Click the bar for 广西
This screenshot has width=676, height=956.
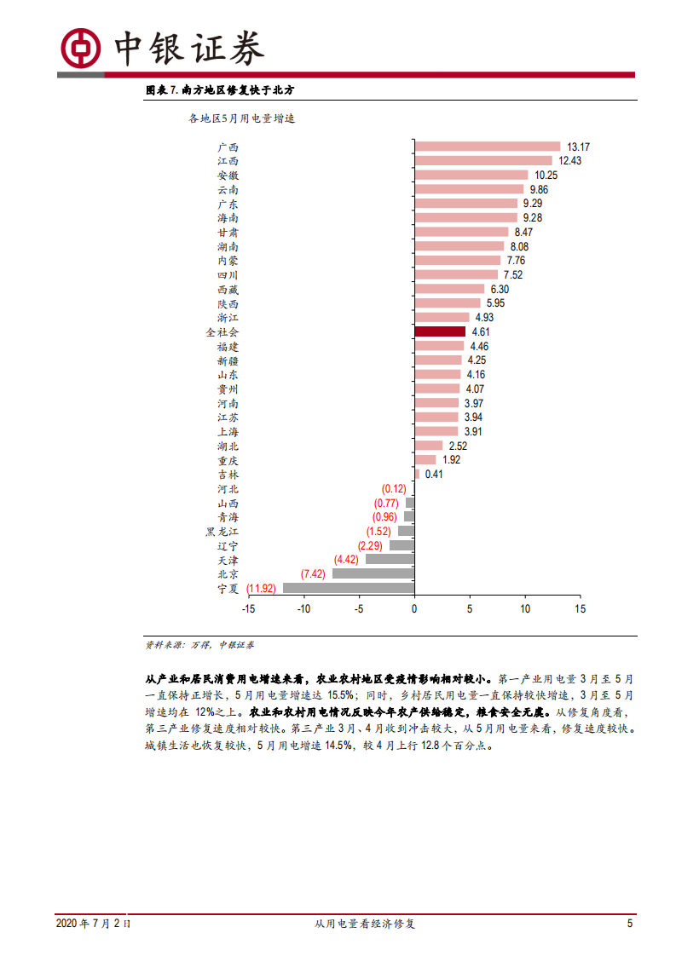click(x=487, y=147)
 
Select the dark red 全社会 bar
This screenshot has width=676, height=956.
click(x=440, y=331)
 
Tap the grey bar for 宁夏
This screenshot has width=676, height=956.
click(x=349, y=588)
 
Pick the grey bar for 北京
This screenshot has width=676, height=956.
click(x=373, y=573)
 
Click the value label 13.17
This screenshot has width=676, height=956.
click(x=579, y=147)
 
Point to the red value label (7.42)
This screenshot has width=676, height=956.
click(x=313, y=573)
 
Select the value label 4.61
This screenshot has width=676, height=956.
click(x=481, y=331)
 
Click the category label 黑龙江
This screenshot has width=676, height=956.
click(x=222, y=532)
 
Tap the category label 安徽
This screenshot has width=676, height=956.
click(x=228, y=176)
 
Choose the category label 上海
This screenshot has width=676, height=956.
click(x=228, y=432)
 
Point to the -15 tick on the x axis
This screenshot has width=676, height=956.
click(x=248, y=609)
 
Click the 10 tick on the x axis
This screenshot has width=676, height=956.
click(x=525, y=609)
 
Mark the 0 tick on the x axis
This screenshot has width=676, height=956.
click(x=414, y=609)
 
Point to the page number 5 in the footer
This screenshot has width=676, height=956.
click(x=629, y=924)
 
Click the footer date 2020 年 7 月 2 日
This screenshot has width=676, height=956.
click(x=93, y=924)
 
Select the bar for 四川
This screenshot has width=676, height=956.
click(x=456, y=274)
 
